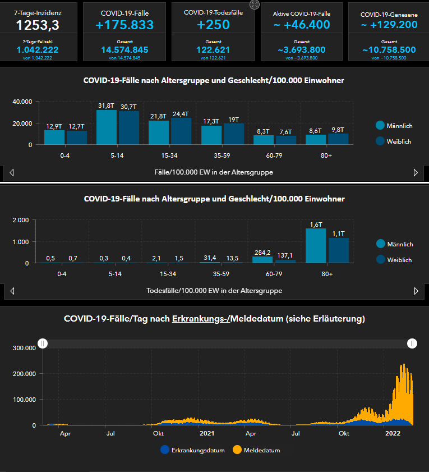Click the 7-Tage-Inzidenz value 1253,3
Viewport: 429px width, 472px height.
37,25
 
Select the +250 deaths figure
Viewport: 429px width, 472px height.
214,25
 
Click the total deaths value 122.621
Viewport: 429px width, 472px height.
214,50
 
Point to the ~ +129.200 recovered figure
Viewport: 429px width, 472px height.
389,25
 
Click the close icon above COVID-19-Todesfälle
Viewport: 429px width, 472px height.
255,4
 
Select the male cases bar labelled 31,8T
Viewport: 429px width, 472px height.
107,127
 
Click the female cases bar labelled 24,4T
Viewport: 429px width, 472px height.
181,131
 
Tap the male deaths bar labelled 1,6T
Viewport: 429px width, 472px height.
315,246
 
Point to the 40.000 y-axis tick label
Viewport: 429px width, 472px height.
22,102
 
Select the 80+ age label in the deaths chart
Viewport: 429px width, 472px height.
327,274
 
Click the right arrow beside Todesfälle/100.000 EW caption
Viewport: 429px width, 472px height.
416,291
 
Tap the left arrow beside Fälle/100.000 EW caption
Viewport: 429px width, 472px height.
12,172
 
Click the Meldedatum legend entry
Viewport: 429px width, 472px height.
256,450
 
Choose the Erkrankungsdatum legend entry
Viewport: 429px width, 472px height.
192,450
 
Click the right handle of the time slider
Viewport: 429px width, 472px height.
412,343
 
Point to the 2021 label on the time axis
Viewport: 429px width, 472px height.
207,433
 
